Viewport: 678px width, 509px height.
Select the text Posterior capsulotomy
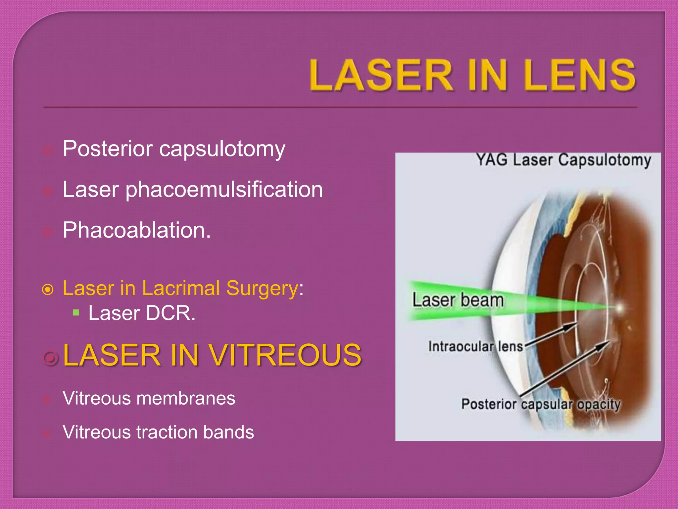(x=174, y=149)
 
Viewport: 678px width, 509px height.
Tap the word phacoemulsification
(x=224, y=190)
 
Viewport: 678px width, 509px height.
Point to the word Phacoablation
(x=136, y=230)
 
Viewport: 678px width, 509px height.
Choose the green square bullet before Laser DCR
(x=76, y=312)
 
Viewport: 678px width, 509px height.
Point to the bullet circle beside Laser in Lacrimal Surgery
(x=48, y=290)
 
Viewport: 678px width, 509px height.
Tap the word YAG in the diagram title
(x=492, y=160)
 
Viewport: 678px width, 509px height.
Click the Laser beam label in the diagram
(x=458, y=300)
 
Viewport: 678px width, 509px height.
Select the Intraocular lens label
(x=476, y=347)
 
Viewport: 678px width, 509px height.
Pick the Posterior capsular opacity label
(x=541, y=404)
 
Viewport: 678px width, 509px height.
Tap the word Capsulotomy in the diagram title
(x=605, y=160)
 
